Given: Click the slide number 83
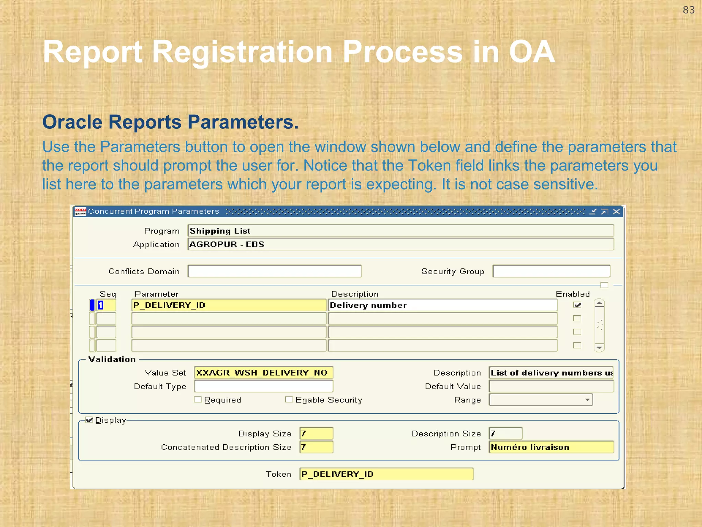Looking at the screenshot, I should click(x=688, y=10).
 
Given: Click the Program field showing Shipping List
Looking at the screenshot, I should click(x=400, y=231).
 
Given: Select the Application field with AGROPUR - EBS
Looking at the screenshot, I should click(x=400, y=244).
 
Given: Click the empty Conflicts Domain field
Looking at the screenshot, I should click(x=275, y=271).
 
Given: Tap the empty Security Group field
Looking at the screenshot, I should click(x=551, y=271).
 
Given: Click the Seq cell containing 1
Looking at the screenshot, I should click(x=106, y=305).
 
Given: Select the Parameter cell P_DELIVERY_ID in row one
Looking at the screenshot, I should click(x=229, y=305).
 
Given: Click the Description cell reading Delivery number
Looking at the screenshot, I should click(x=443, y=305).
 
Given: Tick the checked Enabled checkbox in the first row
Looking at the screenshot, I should click(x=578, y=305).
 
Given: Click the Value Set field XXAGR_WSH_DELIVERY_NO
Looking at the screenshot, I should click(x=263, y=373).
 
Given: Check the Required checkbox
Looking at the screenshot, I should click(x=198, y=400).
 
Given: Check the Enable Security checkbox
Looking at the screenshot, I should click(x=289, y=400).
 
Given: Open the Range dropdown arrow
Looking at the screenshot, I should click(x=587, y=400).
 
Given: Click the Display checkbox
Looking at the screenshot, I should click(x=89, y=420).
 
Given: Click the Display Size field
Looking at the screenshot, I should click(x=316, y=433).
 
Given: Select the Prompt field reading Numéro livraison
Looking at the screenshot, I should click(x=551, y=447).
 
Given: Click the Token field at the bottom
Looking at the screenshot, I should click(x=386, y=474).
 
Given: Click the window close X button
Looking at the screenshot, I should click(x=616, y=211).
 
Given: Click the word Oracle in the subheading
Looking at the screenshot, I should click(x=72, y=122).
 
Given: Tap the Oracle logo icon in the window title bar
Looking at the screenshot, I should click(x=80, y=211).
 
